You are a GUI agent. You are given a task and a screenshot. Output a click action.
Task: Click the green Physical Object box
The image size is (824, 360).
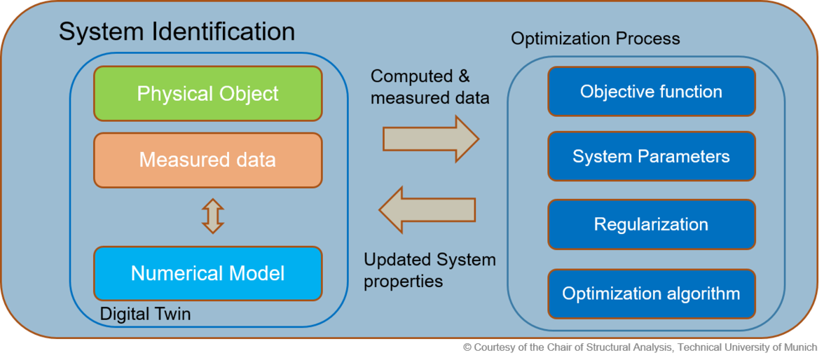[x=208, y=94]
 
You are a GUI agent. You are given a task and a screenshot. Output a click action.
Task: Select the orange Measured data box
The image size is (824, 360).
[x=208, y=160]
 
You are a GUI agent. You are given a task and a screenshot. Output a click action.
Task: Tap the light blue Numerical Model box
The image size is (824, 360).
[x=208, y=273]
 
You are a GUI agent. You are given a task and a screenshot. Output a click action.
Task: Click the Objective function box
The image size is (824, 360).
[x=651, y=92]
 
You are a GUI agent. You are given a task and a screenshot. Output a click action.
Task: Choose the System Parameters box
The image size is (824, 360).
[x=651, y=156]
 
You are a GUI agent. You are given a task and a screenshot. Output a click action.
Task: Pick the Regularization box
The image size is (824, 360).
[x=651, y=225]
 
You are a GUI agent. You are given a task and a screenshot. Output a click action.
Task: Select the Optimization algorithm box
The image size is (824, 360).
[x=651, y=293]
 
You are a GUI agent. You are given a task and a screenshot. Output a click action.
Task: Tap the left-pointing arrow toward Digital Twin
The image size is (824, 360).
[x=427, y=209]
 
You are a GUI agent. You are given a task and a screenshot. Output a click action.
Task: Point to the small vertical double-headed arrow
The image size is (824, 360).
[x=212, y=216]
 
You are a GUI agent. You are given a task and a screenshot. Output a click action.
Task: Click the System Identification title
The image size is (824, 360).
[x=177, y=32]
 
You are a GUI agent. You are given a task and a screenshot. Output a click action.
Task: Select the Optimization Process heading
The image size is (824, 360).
[x=595, y=39]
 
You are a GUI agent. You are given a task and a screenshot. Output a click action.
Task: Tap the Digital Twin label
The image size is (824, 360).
[x=145, y=314]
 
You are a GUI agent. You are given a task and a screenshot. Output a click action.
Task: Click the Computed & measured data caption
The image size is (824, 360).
[x=430, y=87]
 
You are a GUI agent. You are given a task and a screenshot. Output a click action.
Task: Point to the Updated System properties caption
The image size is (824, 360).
[x=430, y=270]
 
